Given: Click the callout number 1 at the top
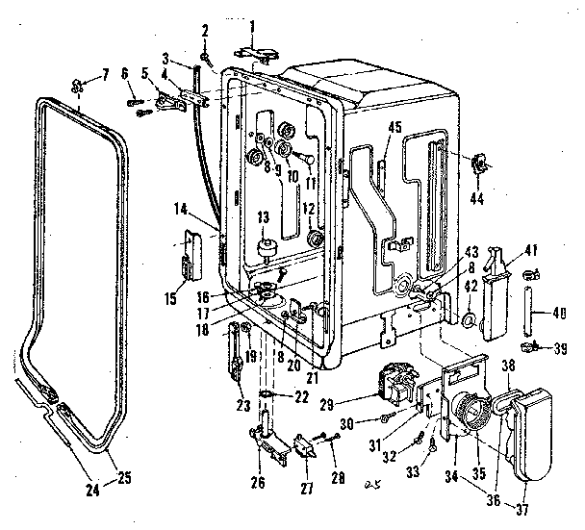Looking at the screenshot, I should (x=252, y=23).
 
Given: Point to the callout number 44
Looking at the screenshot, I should (x=478, y=200).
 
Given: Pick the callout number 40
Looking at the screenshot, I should (x=563, y=311).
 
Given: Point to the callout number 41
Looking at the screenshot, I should (x=529, y=248).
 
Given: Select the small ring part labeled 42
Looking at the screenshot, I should (x=466, y=320).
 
